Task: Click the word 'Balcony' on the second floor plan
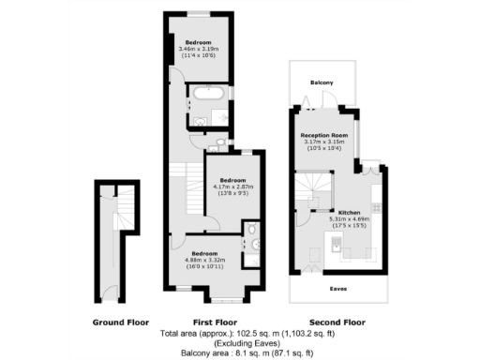322,83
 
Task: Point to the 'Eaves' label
336,289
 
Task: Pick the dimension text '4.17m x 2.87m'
232,187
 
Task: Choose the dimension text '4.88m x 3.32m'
206,261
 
